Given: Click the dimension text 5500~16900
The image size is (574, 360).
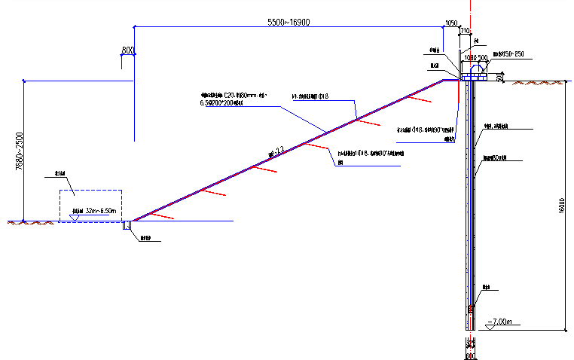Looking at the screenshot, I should (289, 23).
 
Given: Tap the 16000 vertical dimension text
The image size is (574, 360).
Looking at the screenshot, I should (561, 211).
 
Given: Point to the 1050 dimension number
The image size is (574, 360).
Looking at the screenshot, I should (452, 23).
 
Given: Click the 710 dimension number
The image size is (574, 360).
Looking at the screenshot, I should (466, 32).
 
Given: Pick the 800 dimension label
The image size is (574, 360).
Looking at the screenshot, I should (127, 50).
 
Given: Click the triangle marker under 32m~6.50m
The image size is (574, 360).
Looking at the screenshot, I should (73, 218).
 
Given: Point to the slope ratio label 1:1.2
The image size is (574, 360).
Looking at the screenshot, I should (275, 153).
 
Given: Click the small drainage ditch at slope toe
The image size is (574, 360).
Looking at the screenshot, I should (127, 225).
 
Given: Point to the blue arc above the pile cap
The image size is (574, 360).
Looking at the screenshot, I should (475, 67).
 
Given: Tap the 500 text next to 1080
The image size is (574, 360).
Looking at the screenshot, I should (482, 57).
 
